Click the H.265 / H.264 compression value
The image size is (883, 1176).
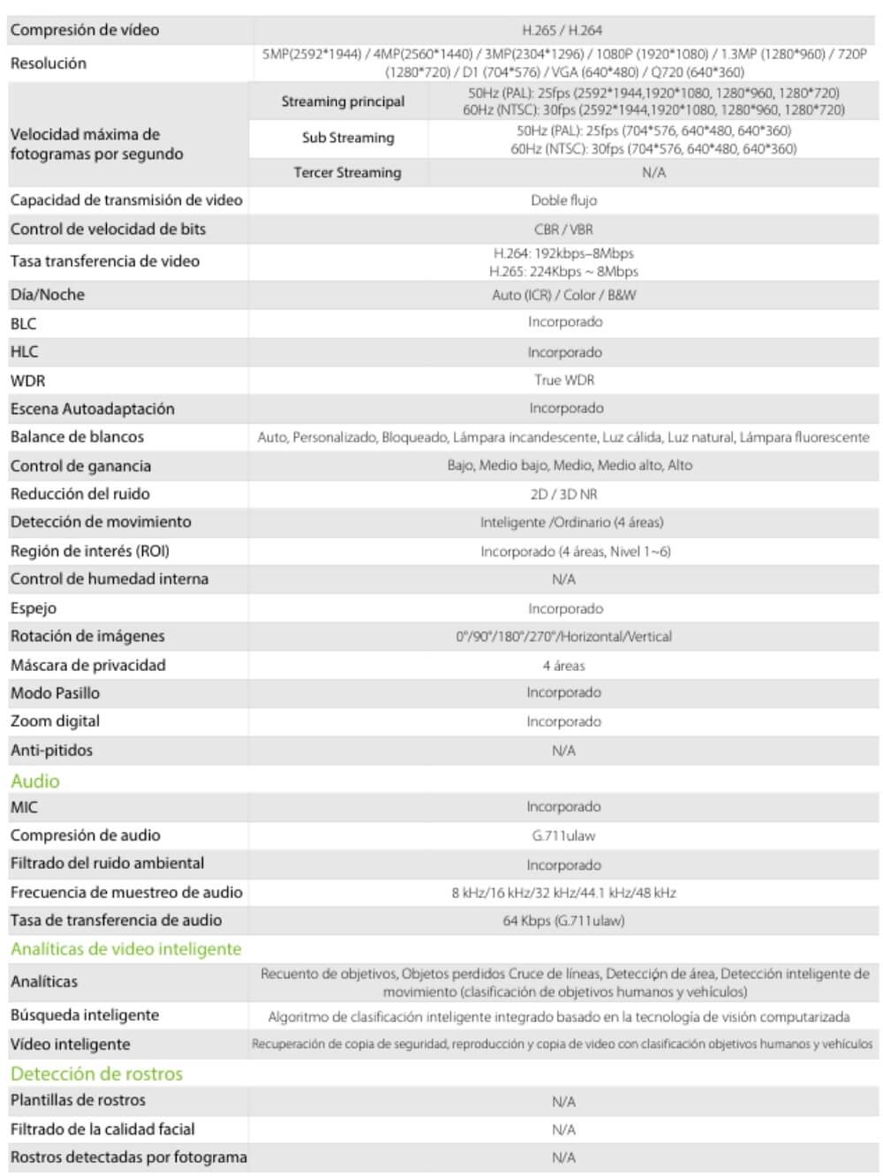coord(562,30)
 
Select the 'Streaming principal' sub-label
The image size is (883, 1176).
coord(343,102)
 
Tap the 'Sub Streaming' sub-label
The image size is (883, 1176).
coord(348,138)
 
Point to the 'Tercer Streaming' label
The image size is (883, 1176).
coord(347,173)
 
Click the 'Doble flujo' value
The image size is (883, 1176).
coord(563,200)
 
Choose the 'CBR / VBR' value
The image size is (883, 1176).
coord(563,230)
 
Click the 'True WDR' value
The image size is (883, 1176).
coord(564,380)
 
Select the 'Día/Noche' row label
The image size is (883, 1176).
coord(48,295)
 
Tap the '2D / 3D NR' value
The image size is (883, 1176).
coord(563,494)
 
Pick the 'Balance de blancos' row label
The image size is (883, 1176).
coord(77,437)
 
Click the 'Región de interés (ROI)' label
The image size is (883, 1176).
coord(90,551)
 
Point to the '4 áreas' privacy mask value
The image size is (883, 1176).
coord(563,666)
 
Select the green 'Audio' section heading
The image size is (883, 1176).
coord(35,781)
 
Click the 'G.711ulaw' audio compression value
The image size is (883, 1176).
coord(563,835)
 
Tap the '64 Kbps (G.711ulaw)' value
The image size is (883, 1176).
coord(563,921)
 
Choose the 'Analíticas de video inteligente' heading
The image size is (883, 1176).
coord(126,949)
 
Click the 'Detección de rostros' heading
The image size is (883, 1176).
coord(97,1074)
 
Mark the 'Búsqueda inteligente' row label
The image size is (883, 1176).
coord(85,1015)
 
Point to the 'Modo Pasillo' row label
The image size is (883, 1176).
coord(55,693)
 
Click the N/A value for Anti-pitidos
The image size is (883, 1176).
coord(563,750)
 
